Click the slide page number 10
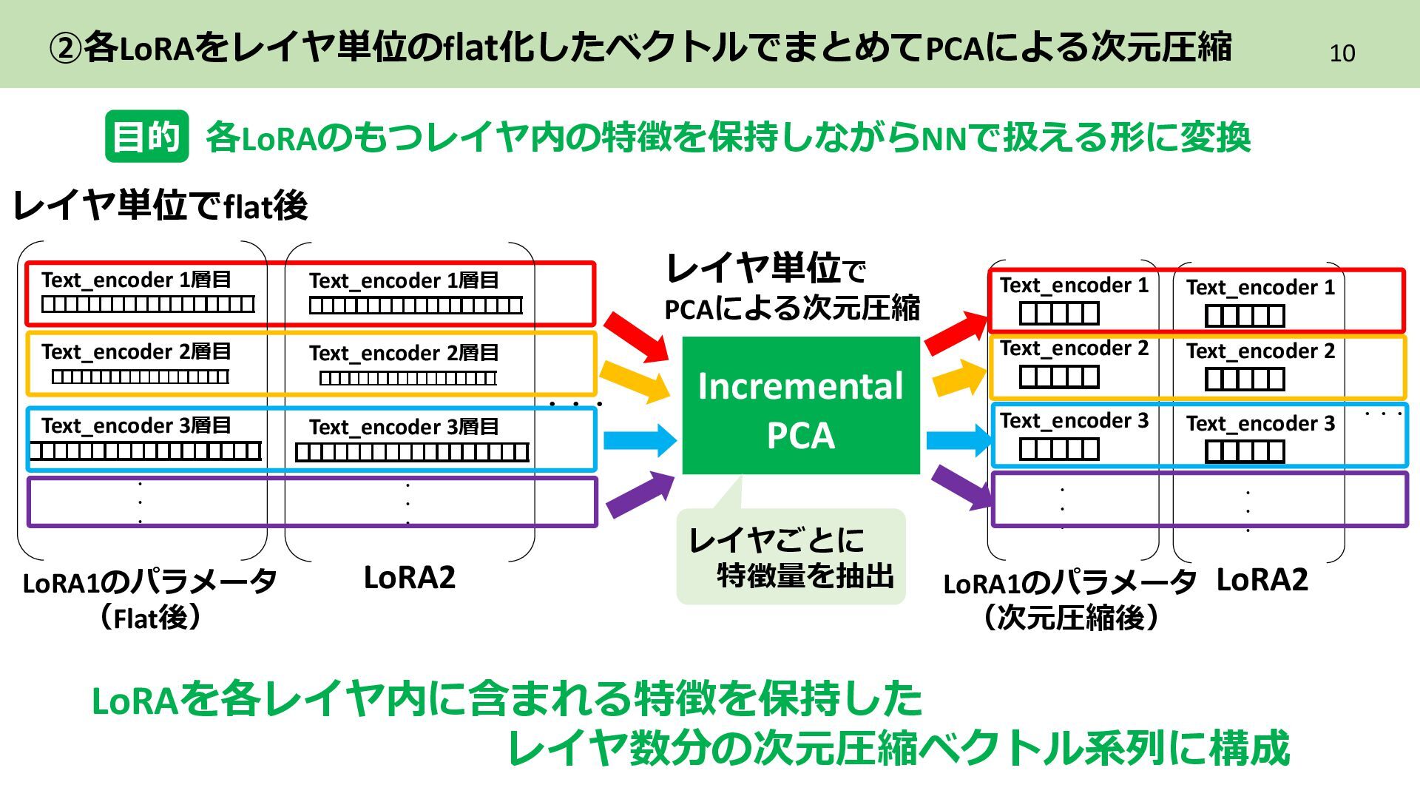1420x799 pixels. point(1342,53)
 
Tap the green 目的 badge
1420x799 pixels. point(146,137)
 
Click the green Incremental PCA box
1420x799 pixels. point(800,405)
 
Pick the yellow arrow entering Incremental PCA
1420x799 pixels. point(634,382)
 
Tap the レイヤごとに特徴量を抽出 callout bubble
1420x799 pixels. point(791,556)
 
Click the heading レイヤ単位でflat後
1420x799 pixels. point(160,206)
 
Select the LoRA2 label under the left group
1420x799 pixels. point(409,578)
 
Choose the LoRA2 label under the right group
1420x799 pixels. point(1262,580)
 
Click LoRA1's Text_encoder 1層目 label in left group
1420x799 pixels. point(136,280)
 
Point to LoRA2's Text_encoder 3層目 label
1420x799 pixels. point(404,427)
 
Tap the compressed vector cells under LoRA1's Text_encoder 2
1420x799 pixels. point(1058,377)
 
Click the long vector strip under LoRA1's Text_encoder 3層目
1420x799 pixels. point(146,451)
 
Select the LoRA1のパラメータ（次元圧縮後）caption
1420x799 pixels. point(1069,600)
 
